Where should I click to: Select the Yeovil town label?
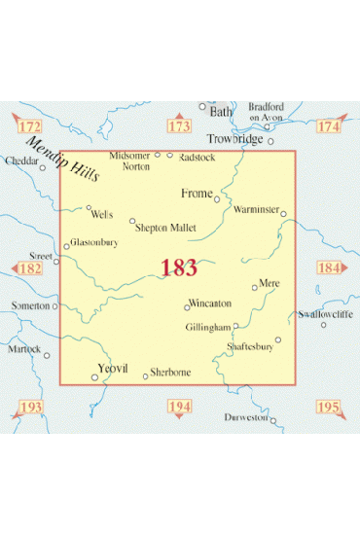point(113,368)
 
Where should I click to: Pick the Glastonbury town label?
point(94,242)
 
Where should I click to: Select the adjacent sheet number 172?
point(32,126)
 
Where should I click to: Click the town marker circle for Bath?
point(203,107)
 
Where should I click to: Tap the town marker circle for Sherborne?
point(146,375)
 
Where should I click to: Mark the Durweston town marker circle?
point(273,420)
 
